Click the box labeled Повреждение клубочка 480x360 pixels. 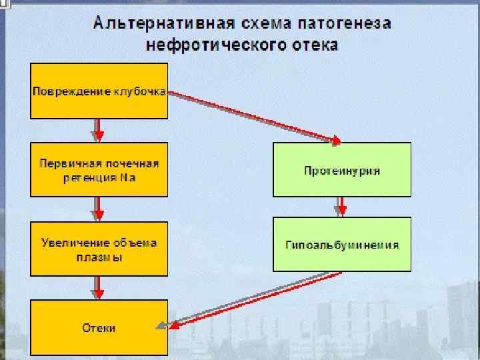[99, 91]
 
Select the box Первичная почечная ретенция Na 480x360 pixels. [99, 169]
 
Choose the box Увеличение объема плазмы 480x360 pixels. [99, 249]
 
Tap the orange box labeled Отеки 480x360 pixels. [99, 327]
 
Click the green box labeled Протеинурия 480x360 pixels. [342, 170]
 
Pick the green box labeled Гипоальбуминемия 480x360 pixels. [342, 245]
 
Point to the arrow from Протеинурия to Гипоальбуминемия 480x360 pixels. [341, 206]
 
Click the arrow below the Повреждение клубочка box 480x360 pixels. [99, 130]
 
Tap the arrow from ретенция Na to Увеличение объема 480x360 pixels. [99, 209]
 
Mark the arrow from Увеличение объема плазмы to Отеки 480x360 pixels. [99, 287]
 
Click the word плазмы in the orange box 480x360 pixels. [100, 256]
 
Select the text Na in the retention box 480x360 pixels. [128, 177]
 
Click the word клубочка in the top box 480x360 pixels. [139, 91]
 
